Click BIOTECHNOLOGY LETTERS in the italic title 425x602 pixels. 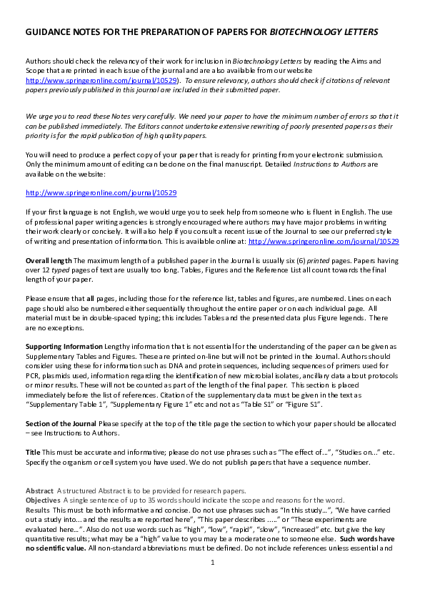click(324, 33)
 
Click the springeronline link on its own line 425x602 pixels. click(101, 193)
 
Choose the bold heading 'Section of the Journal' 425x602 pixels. click(60, 423)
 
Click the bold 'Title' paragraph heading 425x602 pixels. click(33, 452)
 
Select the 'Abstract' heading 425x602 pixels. click(39, 490)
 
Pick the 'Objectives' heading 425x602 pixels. click(45, 500)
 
